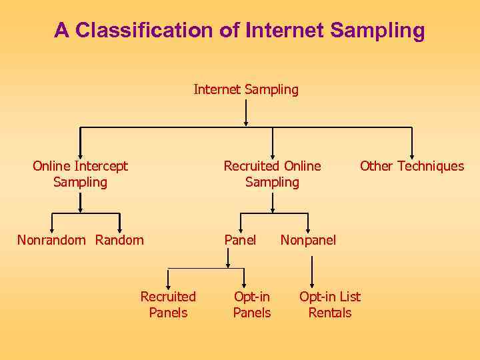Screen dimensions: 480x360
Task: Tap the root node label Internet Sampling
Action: pyautogui.click(x=246, y=89)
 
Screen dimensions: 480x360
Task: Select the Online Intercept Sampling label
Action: pyautogui.click(x=80, y=174)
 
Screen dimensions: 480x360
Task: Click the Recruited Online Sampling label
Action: pyautogui.click(x=272, y=174)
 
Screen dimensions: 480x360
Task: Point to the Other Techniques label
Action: pyautogui.click(x=412, y=166)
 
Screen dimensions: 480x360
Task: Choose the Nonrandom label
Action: pyautogui.click(x=51, y=240)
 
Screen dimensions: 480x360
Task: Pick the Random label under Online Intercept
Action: pyautogui.click(x=119, y=240)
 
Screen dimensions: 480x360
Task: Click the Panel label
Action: pyautogui.click(x=240, y=240)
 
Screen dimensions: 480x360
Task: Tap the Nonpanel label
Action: pyautogui.click(x=308, y=240)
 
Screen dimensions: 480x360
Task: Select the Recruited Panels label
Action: pyautogui.click(x=168, y=305)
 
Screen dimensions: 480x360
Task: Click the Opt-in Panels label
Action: pyautogui.click(x=252, y=305)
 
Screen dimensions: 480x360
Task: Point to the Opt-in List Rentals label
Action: pyautogui.click(x=330, y=305)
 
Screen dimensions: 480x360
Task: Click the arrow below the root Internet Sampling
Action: pyautogui.click(x=246, y=113)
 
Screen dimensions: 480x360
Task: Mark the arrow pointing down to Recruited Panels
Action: pyautogui.click(x=168, y=277)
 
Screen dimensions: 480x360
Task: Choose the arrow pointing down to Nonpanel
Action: pyautogui.click(x=308, y=222)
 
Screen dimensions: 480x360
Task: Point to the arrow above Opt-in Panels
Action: pyautogui.click(x=244, y=277)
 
